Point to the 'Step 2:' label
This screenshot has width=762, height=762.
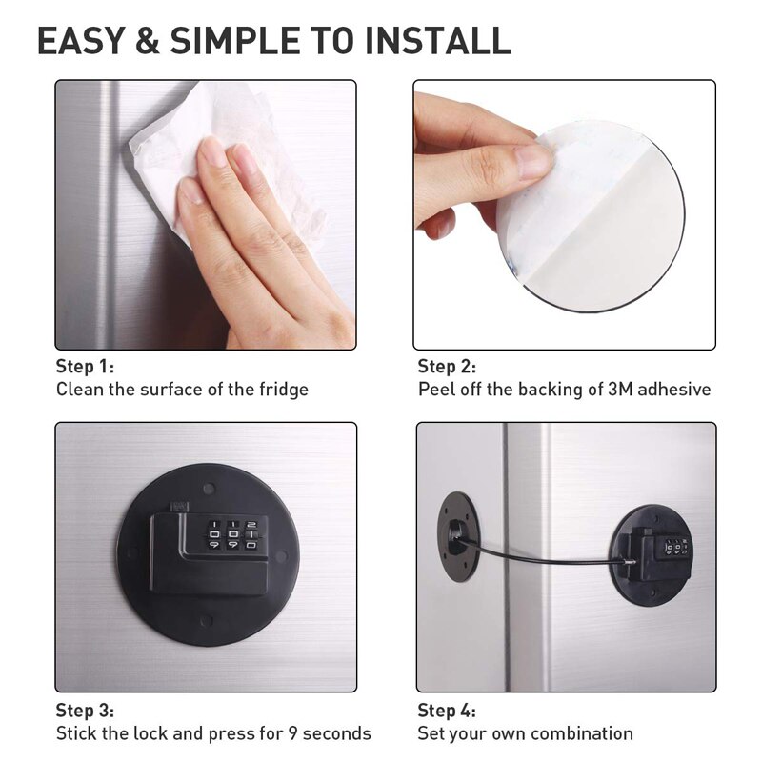coord(447,367)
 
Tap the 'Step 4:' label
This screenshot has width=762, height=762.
coord(447,710)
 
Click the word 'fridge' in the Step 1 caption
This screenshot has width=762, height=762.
coord(282,390)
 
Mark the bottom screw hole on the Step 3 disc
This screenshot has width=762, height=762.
coord(207,624)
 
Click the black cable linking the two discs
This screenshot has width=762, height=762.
coord(543,557)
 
